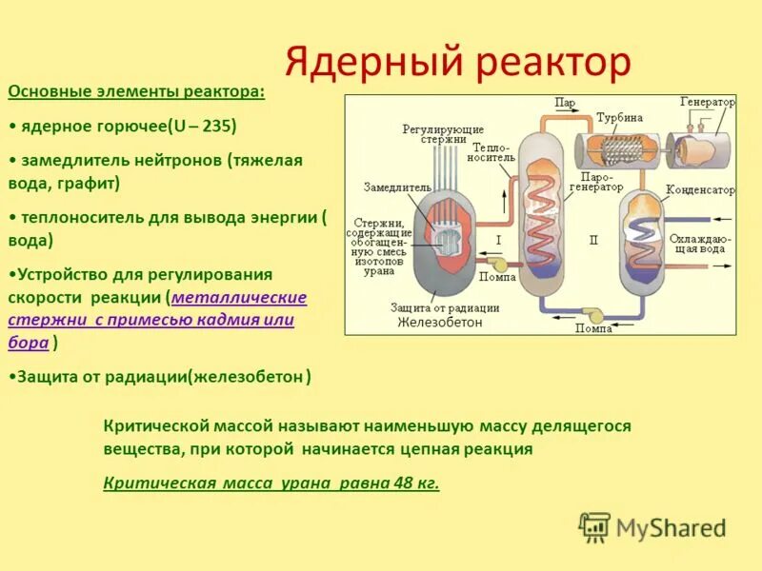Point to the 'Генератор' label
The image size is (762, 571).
tap(708, 102)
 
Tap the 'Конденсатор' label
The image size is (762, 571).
tap(700, 190)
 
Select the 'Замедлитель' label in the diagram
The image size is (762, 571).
tap(391, 187)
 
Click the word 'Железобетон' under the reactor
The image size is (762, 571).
tap(441, 323)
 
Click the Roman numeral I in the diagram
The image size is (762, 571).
tap(498, 241)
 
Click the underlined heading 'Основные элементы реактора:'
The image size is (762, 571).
tap(136, 91)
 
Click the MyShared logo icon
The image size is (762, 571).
tap(594, 526)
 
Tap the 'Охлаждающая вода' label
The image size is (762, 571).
tap(700, 243)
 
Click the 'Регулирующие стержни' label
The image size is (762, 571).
tap(443, 134)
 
